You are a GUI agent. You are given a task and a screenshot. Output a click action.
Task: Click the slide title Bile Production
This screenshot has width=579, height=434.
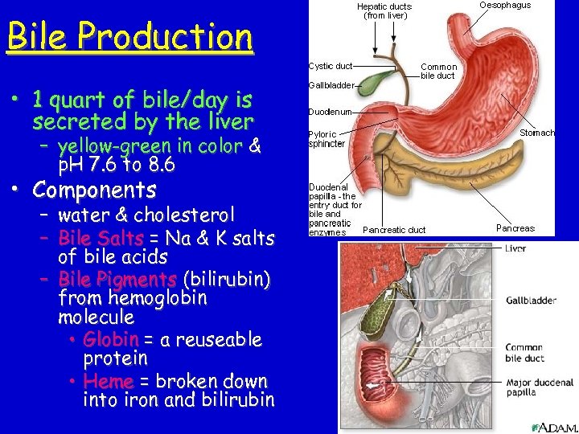pos(129,37)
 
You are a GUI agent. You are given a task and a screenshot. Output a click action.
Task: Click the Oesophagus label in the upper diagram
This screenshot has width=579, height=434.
pos(505,6)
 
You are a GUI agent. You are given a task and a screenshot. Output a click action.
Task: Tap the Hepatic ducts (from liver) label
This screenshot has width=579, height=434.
pos(385,10)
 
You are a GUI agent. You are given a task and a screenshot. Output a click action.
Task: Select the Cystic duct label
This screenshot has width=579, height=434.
pos(330,65)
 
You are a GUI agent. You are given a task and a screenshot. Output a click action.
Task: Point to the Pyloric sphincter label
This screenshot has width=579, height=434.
pos(326,138)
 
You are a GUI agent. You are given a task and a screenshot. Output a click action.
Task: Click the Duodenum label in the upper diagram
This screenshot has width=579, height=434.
pos(330,112)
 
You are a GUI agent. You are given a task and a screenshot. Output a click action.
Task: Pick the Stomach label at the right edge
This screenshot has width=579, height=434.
pos(536,133)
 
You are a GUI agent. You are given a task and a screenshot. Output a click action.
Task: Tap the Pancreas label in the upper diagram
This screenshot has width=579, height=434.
pos(515,228)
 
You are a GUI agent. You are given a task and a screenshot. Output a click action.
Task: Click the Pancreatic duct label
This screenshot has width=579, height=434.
pos(393,230)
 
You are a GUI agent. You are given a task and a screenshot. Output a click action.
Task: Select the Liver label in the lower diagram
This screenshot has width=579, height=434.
pos(515,249)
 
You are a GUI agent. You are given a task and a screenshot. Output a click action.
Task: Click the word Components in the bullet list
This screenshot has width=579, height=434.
pos(94,190)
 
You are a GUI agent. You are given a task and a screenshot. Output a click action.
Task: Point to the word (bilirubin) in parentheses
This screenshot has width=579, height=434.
pos(228,279)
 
